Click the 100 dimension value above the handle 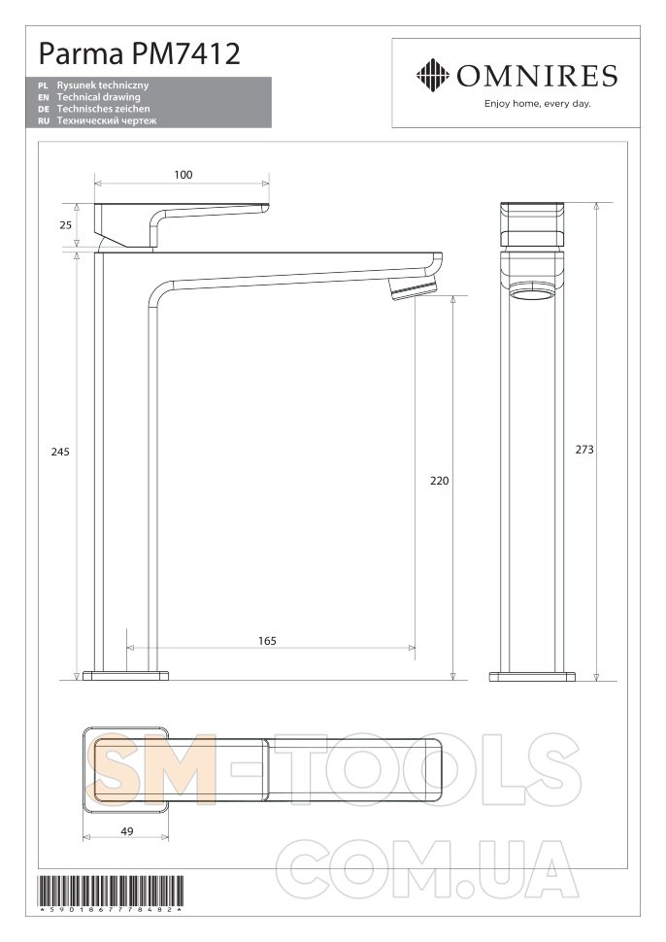(x=183, y=175)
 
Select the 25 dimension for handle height (x=65, y=224)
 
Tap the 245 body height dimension (x=60, y=452)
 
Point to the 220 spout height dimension (x=440, y=481)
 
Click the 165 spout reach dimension (x=267, y=641)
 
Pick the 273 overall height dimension (x=584, y=450)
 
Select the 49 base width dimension (x=127, y=831)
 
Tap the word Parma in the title (x=82, y=54)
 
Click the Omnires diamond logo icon (x=432, y=75)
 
